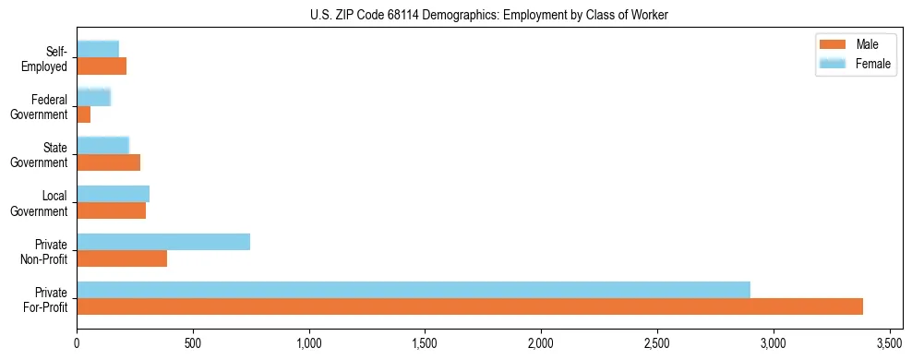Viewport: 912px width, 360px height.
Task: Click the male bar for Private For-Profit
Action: tap(469, 306)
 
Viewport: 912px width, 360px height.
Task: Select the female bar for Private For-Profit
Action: tap(413, 290)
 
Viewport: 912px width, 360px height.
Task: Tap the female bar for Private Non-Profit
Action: tap(163, 242)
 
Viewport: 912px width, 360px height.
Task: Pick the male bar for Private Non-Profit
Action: tap(122, 258)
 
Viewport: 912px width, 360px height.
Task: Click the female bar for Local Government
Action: tap(113, 194)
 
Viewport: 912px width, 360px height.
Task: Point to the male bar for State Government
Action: tap(108, 162)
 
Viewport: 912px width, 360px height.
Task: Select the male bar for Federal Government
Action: tap(83, 114)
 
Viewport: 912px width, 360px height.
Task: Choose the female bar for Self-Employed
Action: tap(98, 49)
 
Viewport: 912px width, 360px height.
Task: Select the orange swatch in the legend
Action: tap(832, 44)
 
